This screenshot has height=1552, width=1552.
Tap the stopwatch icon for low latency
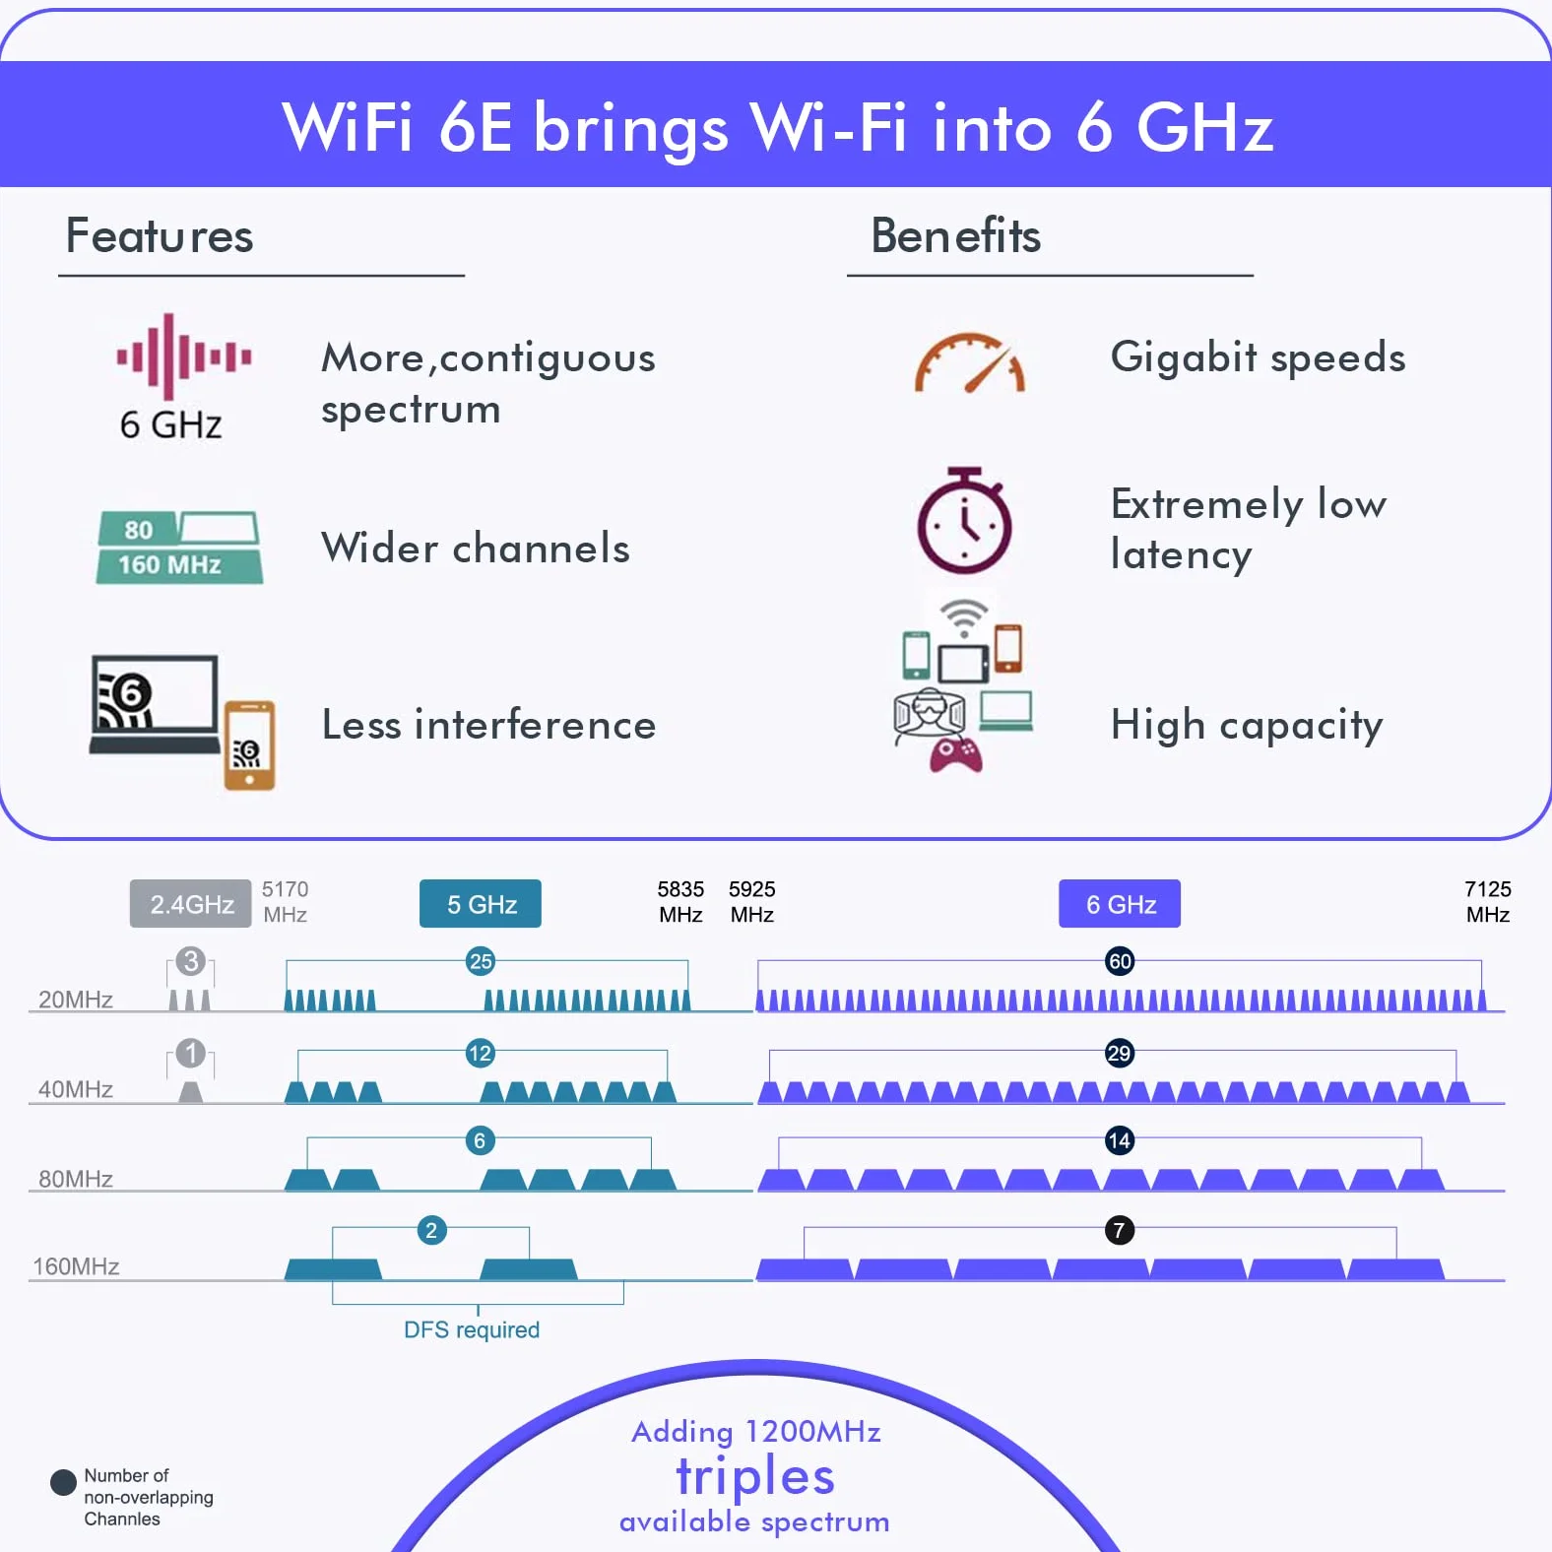pyautogui.click(x=964, y=520)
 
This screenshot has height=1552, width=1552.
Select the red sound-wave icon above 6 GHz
pyautogui.click(x=184, y=356)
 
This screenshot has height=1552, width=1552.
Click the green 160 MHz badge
pyautogui.click(x=179, y=564)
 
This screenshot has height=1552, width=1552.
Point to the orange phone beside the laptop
pyautogui.click(x=249, y=744)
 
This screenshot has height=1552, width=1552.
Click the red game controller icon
pyautogui.click(x=956, y=753)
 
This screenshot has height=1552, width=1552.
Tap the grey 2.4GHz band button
pyautogui.click(x=191, y=904)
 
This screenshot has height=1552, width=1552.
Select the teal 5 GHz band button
pyautogui.click(x=481, y=904)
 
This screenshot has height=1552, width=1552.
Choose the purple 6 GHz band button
pyautogui.click(x=1120, y=904)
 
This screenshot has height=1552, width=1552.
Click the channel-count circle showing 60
pyautogui.click(x=1120, y=961)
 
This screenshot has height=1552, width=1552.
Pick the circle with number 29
pyautogui.click(x=1120, y=1053)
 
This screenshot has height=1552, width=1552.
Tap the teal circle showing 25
pyautogui.click(x=481, y=961)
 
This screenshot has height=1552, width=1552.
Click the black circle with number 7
pyautogui.click(x=1120, y=1230)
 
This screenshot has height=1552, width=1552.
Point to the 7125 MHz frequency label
pyautogui.click(x=1488, y=901)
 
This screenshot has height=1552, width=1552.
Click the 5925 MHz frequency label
pyautogui.click(x=752, y=901)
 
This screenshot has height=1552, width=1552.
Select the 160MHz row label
pyautogui.click(x=76, y=1265)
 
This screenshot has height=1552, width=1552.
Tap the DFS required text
pyautogui.click(x=472, y=1329)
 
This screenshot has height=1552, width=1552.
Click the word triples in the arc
pyautogui.click(x=755, y=1476)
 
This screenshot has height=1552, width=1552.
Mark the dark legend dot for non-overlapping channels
pyautogui.click(x=63, y=1482)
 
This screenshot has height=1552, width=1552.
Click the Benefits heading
pyautogui.click(x=955, y=235)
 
